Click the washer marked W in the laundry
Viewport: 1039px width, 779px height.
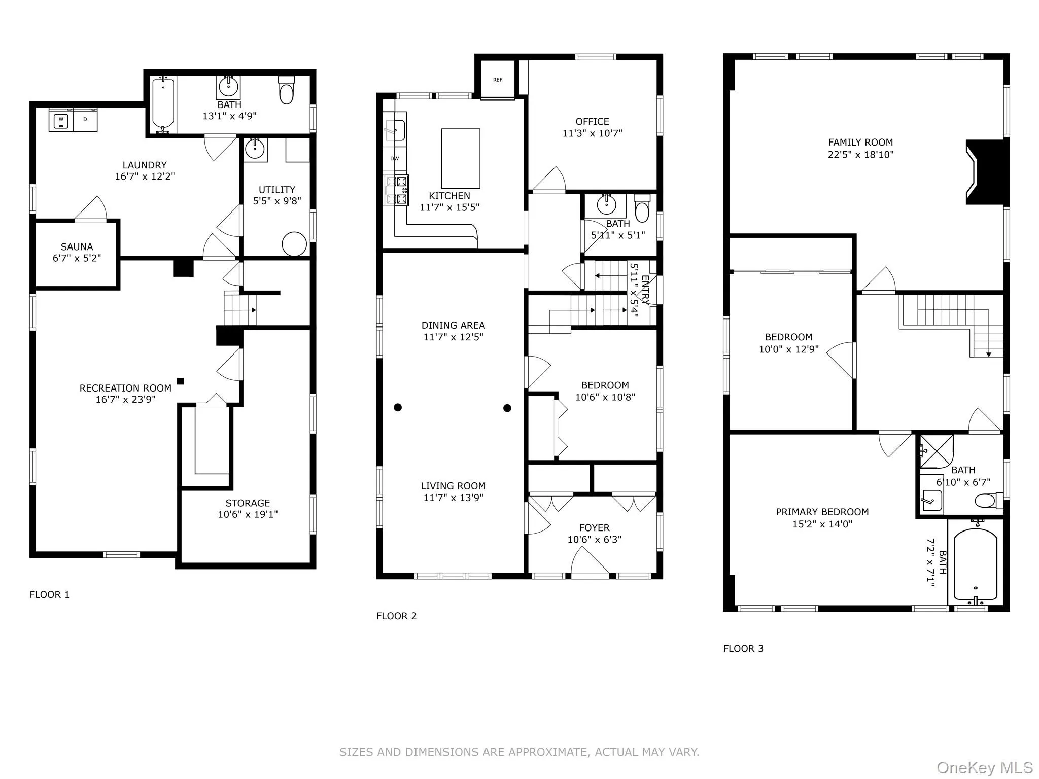61,120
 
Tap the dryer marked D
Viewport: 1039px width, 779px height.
85,120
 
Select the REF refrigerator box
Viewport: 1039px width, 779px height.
497,80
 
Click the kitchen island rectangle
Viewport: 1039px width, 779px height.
461,158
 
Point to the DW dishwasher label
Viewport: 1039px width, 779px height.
394,159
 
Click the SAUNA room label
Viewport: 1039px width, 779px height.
77,247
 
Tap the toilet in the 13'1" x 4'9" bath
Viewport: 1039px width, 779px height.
286,91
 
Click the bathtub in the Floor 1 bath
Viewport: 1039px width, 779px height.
163,104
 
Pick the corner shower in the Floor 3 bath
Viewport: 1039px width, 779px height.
936,451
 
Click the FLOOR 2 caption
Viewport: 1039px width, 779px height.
396,616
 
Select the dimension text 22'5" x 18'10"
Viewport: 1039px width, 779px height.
860,155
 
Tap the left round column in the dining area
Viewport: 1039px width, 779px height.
398,407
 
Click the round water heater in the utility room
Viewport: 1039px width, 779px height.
294,244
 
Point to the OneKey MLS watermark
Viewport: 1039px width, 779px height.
984,768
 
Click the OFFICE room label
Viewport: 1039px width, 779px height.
592,122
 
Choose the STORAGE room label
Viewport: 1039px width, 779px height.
248,503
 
